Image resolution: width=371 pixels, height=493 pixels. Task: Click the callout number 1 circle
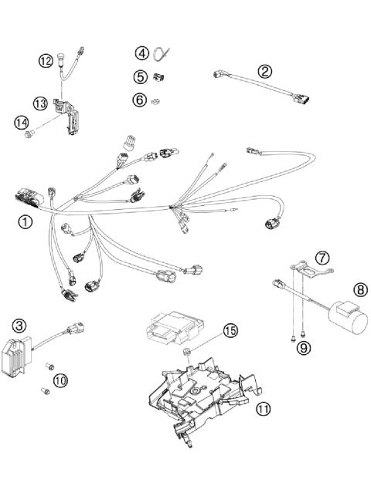click(26, 222)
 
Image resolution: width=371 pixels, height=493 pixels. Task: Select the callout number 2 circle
click(265, 71)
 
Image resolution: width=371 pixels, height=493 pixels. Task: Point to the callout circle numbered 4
click(141, 53)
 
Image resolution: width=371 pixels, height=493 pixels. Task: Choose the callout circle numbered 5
click(140, 76)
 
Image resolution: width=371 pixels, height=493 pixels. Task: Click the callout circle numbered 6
click(140, 99)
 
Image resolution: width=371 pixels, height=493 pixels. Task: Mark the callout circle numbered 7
click(322, 257)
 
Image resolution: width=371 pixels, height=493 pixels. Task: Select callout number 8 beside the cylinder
click(360, 290)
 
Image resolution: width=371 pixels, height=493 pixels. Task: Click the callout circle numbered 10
click(60, 379)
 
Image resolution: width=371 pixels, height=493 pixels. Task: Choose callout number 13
click(40, 102)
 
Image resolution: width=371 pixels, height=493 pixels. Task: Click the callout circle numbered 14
click(22, 121)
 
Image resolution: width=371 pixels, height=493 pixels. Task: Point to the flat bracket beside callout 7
click(303, 271)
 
